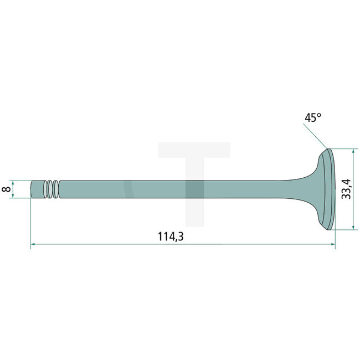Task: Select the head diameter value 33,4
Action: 345,189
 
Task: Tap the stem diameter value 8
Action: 6,189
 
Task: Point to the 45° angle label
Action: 312,118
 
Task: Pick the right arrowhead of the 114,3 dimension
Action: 332,243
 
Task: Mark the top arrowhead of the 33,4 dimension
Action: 353,152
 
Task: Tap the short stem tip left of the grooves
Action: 37,189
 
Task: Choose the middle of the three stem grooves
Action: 50,189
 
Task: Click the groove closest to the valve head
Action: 55,189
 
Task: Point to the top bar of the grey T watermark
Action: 194,150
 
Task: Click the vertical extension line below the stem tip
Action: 30,222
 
